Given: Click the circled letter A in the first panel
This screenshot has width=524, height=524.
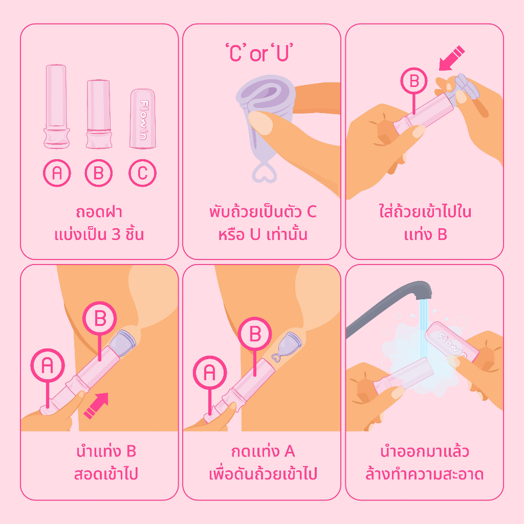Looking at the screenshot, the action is tap(57, 173).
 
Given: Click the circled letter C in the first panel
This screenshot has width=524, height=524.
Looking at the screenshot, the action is tap(142, 173).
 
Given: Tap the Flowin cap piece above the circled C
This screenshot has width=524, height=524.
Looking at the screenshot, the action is tap(143, 119).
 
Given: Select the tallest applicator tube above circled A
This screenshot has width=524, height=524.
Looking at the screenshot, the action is tap(56, 106).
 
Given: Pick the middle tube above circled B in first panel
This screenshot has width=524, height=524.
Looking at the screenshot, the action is tap(99, 114).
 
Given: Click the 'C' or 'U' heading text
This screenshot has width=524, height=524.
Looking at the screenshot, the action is tap(259, 53).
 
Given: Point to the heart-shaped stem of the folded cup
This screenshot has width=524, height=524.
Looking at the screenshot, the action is tap(265, 171).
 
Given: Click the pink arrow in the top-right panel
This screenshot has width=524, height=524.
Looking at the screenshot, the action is tap(451, 58).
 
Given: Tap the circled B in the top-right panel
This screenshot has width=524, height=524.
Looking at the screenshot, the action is tap(413, 81).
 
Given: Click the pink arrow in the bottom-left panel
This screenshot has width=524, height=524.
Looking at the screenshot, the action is tap(96, 405).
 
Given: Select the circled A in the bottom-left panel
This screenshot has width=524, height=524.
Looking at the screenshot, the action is tap(48, 365).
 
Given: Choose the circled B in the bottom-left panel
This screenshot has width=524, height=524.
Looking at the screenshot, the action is tap(100, 318).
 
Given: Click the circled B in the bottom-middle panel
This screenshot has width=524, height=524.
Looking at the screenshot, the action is tap(255, 334).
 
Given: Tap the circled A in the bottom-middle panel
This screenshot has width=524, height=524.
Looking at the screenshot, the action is tap(210, 373).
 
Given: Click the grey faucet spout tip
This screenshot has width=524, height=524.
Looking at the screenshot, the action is tap(423, 291).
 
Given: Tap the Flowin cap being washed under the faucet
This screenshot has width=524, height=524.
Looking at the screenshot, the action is tap(452, 341).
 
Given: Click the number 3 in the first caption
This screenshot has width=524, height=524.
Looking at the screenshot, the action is tap(116, 234).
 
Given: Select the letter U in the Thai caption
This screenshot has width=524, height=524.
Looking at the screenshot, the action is tap(255, 234).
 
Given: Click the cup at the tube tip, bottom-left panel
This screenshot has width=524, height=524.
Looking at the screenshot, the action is tap(122, 342).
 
